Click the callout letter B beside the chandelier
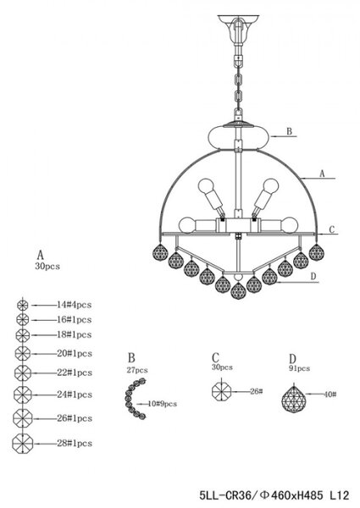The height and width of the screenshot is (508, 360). [290, 131]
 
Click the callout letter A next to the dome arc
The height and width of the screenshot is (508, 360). [322, 174]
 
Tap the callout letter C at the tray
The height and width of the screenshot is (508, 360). [331, 229]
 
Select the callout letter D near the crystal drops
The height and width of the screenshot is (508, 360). [313, 276]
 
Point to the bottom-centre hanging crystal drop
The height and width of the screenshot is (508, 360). [239, 290]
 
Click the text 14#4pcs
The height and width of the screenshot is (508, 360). [75, 305]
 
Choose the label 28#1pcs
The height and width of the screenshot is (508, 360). [75, 443]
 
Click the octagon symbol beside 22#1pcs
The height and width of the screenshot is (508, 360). [23, 373]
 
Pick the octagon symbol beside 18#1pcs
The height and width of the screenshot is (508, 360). [23, 335]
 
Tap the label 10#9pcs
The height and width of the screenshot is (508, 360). [163, 404]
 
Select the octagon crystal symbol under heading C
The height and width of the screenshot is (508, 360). [221, 391]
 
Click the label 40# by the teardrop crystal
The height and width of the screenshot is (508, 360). [330, 395]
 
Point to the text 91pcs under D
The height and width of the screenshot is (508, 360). [299, 368]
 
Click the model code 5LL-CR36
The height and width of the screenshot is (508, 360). [225, 495]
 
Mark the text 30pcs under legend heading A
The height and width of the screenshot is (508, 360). [47, 267]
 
